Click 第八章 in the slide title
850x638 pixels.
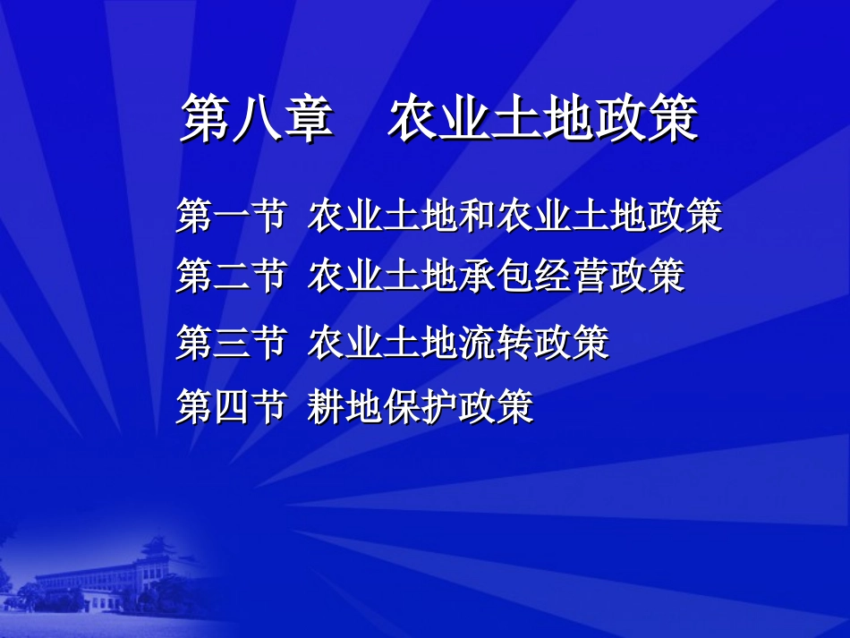(258, 119)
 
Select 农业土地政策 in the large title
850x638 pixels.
(542, 119)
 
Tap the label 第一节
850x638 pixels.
(231, 217)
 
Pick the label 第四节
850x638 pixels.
(231, 407)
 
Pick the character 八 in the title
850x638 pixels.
(258, 119)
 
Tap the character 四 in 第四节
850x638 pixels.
(231, 407)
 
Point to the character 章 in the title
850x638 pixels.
(309, 119)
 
